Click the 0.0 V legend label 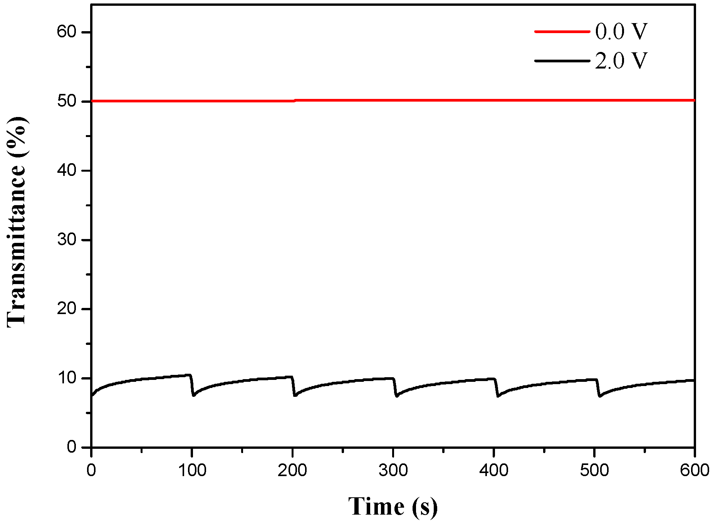[621, 32]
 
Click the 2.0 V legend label [621, 61]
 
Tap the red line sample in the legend [562, 32]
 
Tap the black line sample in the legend [562, 61]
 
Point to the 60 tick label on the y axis [67, 32]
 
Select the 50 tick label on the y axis [67, 101]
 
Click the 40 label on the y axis [67, 170]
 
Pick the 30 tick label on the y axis [67, 240]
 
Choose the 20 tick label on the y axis [67, 309]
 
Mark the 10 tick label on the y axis [67, 378]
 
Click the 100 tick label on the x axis [192, 470]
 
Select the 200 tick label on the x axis [292, 470]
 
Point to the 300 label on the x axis [393, 470]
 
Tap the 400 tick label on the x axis [493, 470]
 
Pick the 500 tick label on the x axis [594, 470]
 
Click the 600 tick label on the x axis [695, 470]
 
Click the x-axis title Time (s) [393, 507]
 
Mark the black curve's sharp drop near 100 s [192, 385]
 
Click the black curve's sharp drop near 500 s [598, 388]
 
